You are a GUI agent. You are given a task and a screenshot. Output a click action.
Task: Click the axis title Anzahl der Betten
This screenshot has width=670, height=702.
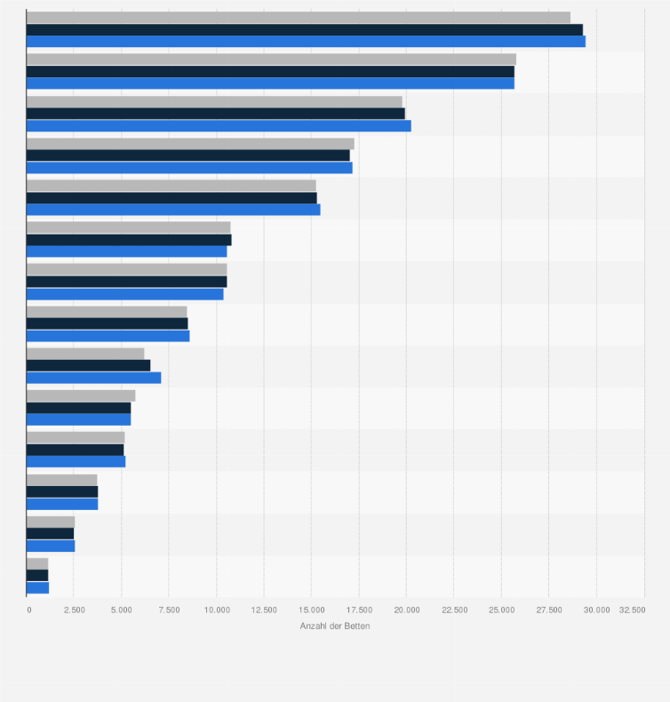click(x=335, y=626)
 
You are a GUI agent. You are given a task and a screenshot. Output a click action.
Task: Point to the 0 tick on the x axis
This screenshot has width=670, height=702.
click(x=28, y=610)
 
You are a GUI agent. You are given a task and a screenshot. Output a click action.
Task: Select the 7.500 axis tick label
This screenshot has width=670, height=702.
click(x=169, y=610)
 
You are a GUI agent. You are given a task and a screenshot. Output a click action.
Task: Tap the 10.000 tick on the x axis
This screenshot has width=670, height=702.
click(x=217, y=610)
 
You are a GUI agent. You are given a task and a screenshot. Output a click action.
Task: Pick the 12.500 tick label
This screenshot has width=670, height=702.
click(x=264, y=610)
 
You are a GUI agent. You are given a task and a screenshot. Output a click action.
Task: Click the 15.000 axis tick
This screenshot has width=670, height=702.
click(x=312, y=610)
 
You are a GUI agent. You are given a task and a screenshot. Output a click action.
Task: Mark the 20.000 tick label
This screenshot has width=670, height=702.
click(x=406, y=610)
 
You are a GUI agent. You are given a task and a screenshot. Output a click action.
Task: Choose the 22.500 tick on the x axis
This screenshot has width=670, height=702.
click(x=454, y=610)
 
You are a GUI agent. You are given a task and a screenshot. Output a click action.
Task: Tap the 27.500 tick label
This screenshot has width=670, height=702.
click(x=549, y=610)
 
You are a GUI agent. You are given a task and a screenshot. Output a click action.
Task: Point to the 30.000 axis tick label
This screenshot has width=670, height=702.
click(x=596, y=610)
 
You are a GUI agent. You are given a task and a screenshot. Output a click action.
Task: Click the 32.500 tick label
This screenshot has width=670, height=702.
click(x=633, y=610)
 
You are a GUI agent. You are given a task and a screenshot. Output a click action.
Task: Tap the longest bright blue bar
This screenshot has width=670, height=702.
click(x=306, y=41)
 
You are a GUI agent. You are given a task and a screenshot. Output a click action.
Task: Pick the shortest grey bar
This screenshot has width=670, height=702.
click(x=37, y=563)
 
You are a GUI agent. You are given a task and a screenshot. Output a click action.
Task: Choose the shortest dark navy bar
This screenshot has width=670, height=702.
click(x=37, y=575)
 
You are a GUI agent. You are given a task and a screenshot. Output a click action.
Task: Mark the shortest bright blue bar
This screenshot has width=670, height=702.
click(x=38, y=587)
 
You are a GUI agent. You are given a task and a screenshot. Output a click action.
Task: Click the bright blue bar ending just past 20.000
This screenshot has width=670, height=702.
click(x=219, y=125)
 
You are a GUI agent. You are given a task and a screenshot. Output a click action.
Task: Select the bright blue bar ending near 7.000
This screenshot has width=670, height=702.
click(x=93, y=378)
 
